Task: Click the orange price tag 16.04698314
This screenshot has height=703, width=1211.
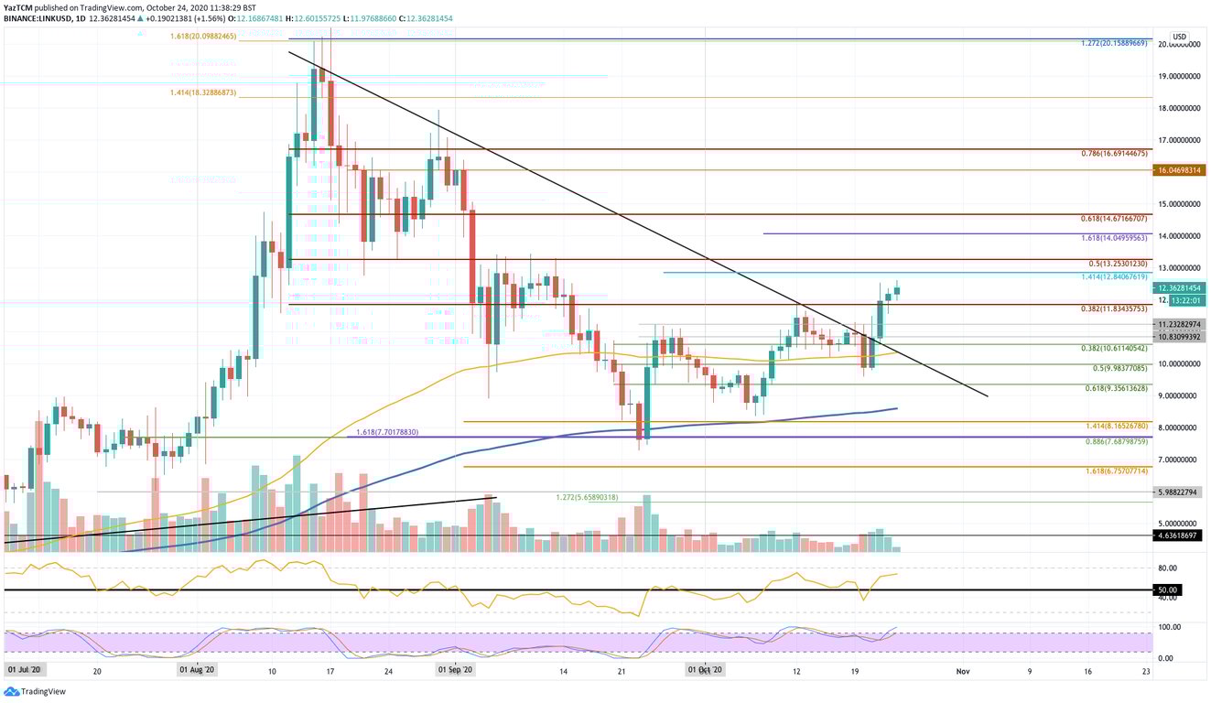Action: tap(1181, 170)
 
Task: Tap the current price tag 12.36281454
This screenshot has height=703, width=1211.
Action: tap(1181, 288)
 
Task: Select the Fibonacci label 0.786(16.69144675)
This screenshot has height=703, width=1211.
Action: tap(1114, 154)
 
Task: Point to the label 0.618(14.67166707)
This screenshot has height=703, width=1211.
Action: tap(1114, 220)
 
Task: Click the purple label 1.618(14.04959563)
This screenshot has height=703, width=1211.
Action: tap(1114, 238)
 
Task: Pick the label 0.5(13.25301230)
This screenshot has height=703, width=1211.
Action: tap(1117, 264)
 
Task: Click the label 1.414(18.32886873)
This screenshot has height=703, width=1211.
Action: tap(203, 93)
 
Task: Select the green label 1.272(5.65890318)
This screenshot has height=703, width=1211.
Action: tap(587, 497)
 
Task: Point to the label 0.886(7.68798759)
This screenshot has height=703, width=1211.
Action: tap(1114, 441)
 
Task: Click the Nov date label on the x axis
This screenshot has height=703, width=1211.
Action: tap(962, 671)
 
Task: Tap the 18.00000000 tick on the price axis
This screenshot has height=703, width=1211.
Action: tap(1179, 108)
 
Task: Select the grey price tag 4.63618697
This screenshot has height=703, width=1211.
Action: tap(1181, 534)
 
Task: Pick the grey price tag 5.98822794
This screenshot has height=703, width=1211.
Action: tap(1181, 492)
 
